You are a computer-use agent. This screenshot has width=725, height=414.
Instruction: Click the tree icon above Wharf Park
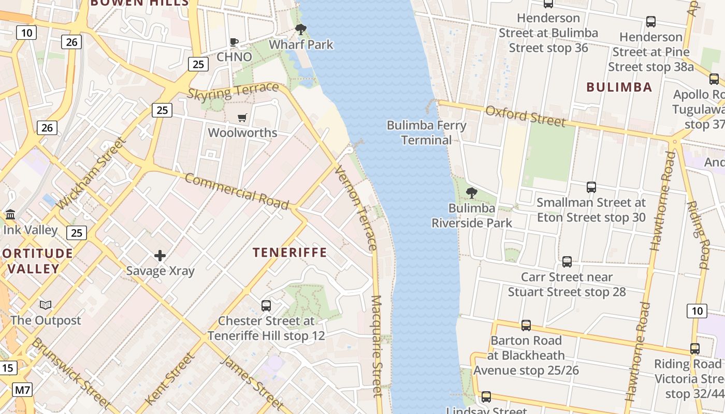pyautogui.click(x=300, y=29)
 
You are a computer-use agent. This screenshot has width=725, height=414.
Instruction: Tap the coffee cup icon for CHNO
pyautogui.click(x=234, y=42)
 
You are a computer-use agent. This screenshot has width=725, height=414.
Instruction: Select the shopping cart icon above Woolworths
pyautogui.click(x=242, y=118)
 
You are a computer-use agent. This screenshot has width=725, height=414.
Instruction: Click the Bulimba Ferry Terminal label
pyautogui.click(x=427, y=132)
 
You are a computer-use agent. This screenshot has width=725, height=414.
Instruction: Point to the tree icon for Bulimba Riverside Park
pyautogui.click(x=471, y=193)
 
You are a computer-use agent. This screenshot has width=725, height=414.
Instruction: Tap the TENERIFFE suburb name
pyautogui.click(x=289, y=253)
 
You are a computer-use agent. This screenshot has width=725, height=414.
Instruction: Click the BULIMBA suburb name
pyautogui.click(x=619, y=87)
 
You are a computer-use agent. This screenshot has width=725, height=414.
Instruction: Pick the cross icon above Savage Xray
pyautogui.click(x=160, y=256)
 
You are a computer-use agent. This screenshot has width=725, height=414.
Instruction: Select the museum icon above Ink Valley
pyautogui.click(x=10, y=214)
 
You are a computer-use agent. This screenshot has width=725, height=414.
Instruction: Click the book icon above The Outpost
pyautogui.click(x=46, y=305)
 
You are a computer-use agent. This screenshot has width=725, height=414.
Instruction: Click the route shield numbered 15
pyautogui.click(x=7, y=368)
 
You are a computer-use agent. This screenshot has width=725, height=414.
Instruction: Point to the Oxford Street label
pyautogui.click(x=525, y=116)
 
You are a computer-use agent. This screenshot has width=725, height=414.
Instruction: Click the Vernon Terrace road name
pyautogui.click(x=356, y=208)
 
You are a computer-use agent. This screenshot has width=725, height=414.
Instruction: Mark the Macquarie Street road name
pyautogui.click(x=377, y=347)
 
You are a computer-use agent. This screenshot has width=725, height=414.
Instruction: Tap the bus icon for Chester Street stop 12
pyautogui.click(x=266, y=306)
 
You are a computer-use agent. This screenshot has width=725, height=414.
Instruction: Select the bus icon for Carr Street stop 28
pyautogui.click(x=567, y=262)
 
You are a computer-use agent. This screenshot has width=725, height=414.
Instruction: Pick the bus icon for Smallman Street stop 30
pyautogui.click(x=591, y=187)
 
